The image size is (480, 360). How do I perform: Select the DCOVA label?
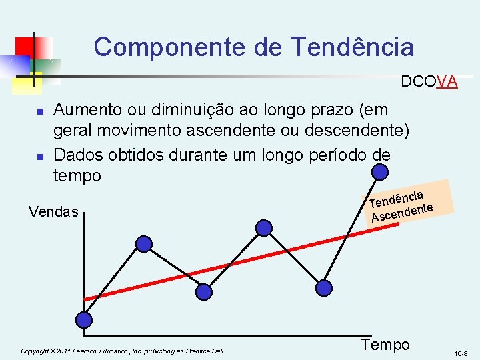coord(429,82)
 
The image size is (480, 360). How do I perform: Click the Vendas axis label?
coord(53,212)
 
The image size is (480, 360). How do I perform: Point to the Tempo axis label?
coord(385,344)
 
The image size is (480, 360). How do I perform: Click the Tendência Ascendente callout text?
coord(402,205)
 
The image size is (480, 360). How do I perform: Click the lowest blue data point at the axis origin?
coord(84,320)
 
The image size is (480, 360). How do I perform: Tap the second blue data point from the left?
coord(144,244)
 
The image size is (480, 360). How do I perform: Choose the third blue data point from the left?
coord(204,291)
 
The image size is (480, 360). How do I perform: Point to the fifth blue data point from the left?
coord(323,288)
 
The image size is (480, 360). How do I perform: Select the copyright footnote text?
coord(122,351)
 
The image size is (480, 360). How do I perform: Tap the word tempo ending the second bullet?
coord(77,176)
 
